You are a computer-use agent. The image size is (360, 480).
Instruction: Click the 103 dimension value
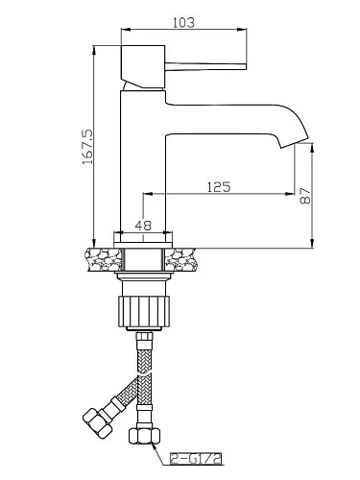pyautogui.click(x=183, y=22)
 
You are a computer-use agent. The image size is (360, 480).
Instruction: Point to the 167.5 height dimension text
pyautogui.click(x=87, y=147)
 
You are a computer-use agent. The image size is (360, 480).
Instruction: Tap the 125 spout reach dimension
pyautogui.click(x=219, y=187)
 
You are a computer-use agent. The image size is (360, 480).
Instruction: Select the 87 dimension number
pyautogui.click(x=305, y=196)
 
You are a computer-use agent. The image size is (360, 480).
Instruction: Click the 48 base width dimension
pyautogui.click(x=143, y=226)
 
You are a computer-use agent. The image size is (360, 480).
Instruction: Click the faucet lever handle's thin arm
pyautogui.click(x=205, y=66)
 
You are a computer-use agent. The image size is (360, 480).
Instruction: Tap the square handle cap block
pyautogui.click(x=143, y=66)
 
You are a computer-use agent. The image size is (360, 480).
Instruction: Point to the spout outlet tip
pyautogui.click(x=295, y=142)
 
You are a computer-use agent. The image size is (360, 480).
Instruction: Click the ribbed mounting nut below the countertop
pyautogui.click(x=143, y=311)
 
